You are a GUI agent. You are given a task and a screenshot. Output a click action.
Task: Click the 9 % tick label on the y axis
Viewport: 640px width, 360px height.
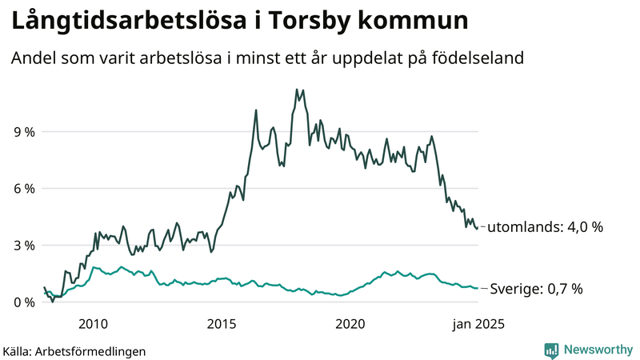(23, 132)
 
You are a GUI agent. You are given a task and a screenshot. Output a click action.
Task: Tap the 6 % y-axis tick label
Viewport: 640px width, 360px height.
(23, 189)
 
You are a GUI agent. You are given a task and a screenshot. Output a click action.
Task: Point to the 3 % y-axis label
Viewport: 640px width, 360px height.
(23, 246)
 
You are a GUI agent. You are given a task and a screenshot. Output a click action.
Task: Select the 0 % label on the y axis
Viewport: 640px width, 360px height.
(23, 302)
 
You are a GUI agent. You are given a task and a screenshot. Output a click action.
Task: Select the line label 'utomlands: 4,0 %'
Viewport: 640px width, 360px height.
(545, 227)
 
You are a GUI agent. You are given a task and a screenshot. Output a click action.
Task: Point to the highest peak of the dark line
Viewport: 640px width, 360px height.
(297, 89)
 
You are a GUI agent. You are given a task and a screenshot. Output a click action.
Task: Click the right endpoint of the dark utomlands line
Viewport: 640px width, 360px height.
(478, 227)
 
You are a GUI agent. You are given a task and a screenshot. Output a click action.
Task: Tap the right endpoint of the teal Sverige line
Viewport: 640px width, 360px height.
(478, 288)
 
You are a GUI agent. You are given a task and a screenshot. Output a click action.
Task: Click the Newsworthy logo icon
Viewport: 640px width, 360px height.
(551, 350)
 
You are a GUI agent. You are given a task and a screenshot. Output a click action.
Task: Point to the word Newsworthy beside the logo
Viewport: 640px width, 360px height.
(597, 350)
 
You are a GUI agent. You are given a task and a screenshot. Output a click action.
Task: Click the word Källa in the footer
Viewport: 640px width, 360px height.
(18, 350)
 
